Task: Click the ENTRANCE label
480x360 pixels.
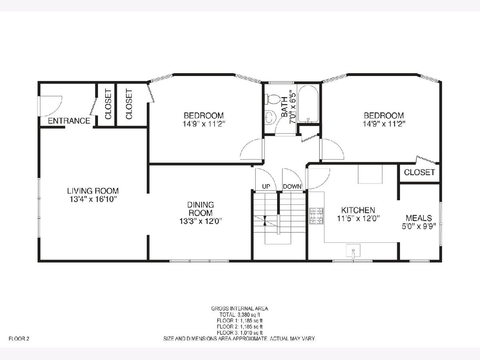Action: [x=69, y=121]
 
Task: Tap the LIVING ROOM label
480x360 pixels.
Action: [x=93, y=191]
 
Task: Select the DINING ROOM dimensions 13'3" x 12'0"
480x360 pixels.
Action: [x=200, y=221]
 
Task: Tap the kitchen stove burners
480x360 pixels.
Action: [x=316, y=216]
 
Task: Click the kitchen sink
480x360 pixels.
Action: [x=353, y=250]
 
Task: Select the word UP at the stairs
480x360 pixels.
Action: [x=266, y=186]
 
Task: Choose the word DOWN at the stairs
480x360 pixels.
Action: [x=292, y=186]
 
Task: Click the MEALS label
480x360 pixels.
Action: [x=419, y=218]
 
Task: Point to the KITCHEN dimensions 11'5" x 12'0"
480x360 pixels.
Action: [x=358, y=218]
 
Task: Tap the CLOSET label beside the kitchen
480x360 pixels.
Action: [x=420, y=172]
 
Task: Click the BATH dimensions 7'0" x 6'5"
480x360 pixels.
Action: [x=292, y=107]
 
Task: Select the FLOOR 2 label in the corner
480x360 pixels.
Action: [x=19, y=339]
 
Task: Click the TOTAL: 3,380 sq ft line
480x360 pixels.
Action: [x=240, y=315]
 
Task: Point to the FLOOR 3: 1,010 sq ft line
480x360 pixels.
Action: [x=240, y=333]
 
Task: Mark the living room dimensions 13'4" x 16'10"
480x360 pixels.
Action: [x=92, y=199]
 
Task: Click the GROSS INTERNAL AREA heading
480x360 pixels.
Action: [x=240, y=309]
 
